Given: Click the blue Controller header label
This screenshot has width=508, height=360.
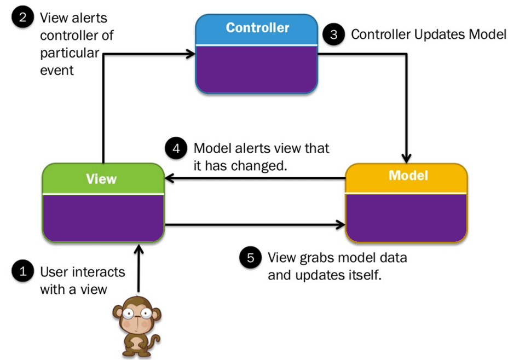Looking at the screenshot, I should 257,27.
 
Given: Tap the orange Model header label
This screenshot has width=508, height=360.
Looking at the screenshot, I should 407,176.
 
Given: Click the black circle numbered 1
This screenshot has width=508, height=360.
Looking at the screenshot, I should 22,271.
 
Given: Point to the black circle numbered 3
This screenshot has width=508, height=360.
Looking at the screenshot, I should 333,34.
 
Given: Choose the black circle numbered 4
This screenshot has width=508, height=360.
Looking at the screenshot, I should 176,149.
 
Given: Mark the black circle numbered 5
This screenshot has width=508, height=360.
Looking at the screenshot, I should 250,258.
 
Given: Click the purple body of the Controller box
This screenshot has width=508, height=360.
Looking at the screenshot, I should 257,68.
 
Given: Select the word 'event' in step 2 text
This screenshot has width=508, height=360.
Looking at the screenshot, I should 56,70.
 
